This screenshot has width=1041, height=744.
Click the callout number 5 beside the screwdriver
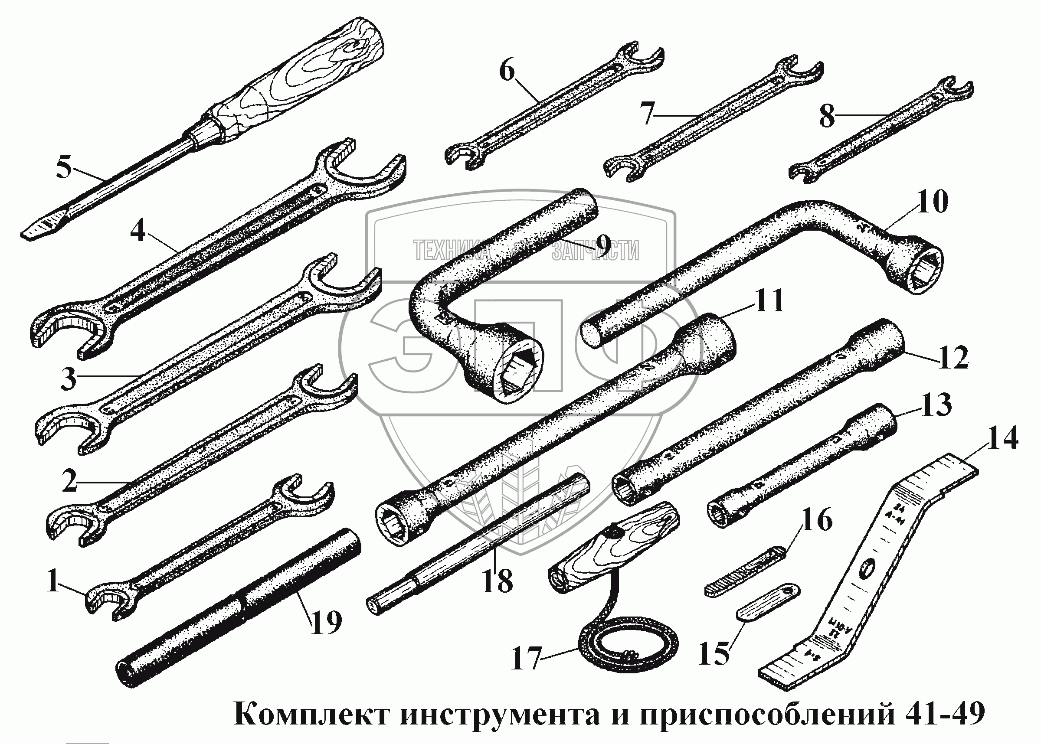coord(65,168)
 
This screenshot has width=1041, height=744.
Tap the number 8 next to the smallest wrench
coord(828,116)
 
